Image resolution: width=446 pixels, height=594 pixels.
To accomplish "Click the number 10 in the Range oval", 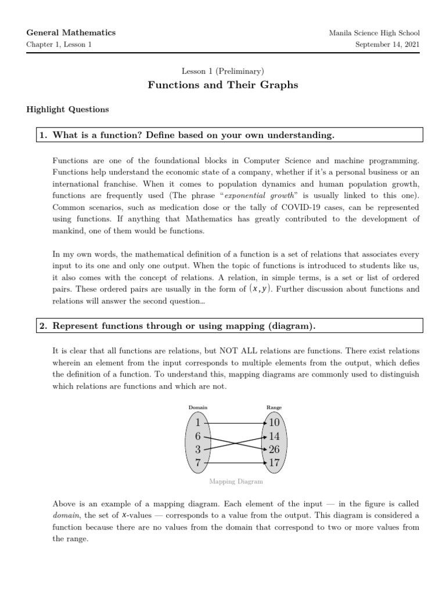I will tap(274, 423).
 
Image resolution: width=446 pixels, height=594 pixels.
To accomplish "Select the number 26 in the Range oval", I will tap(274, 450).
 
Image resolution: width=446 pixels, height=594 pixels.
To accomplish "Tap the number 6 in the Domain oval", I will tap(198, 436).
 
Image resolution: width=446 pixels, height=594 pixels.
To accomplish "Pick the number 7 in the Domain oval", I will tap(198, 463).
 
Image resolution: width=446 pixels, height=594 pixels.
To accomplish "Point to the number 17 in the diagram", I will tap(274, 463).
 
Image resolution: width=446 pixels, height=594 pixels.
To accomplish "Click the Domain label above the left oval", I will tap(198, 408).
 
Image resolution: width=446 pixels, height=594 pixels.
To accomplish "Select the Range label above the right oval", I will tap(274, 408).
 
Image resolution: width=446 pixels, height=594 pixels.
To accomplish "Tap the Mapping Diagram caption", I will tap(236, 481).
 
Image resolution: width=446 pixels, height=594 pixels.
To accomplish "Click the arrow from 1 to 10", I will tap(236, 423).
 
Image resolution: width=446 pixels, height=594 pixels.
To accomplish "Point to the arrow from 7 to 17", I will tap(236, 463).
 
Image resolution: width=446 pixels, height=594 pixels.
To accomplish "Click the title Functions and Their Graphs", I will tap(222, 85).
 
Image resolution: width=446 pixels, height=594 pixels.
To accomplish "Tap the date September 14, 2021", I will tap(387, 45).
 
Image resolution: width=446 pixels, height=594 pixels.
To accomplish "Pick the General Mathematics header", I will tap(71, 32).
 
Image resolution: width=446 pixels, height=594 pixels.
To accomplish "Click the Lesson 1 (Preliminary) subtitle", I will tap(223, 71).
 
